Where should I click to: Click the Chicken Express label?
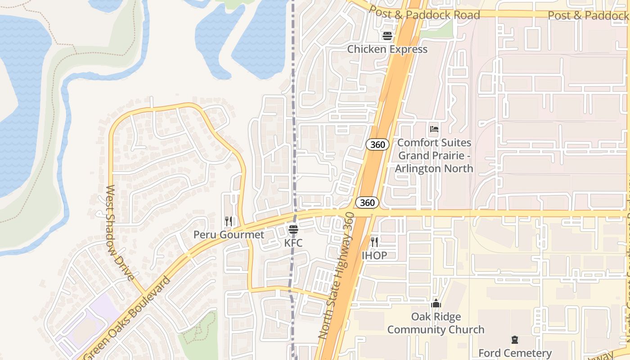tap(387, 49)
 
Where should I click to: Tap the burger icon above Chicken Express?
tap(387, 36)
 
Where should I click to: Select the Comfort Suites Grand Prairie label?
tap(434, 156)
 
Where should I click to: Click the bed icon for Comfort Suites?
tap(434, 130)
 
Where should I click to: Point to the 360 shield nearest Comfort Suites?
tap(377, 144)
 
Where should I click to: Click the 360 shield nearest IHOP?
tap(367, 202)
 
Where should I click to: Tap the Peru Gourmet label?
tap(229, 234)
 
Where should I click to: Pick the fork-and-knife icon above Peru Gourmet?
tap(229, 221)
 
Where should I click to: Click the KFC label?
tap(293, 243)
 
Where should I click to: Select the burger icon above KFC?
tap(293, 230)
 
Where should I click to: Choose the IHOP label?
tap(374, 256)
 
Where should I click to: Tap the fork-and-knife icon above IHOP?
tap(374, 242)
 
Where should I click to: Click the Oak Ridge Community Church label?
tap(436, 323)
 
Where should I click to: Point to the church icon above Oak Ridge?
tap(436, 304)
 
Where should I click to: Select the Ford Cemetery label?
tap(515, 353)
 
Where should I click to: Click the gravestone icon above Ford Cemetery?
tap(515, 340)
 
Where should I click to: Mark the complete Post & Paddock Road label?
tap(424, 14)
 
